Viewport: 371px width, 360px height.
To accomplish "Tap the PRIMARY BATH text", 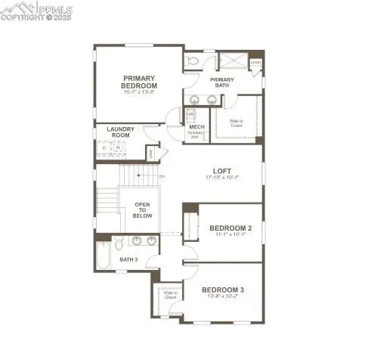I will pos(222,82).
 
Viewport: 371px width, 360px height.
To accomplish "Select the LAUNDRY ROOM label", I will pos(120,132).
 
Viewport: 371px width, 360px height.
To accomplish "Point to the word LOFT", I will pos(221,170).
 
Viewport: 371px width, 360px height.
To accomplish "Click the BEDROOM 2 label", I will pos(230,228).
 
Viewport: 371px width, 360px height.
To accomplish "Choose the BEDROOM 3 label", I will pos(222,290).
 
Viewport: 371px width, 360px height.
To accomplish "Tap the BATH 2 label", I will pos(128,259).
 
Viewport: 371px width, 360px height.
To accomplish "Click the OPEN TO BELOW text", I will pos(143,210).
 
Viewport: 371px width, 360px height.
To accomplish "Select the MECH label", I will pos(196,127).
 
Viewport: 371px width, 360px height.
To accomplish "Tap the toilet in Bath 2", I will pos(119,244).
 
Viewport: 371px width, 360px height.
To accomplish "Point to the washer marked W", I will pos(116,148).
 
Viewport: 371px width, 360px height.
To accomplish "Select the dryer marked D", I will pos(104,148).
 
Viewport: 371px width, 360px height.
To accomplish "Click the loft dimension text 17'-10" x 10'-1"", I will pos(221,178).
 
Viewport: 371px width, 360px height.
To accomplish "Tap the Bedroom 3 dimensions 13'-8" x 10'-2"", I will pos(222,296).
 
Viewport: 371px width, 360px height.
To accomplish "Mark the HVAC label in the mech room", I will pos(191,114).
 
